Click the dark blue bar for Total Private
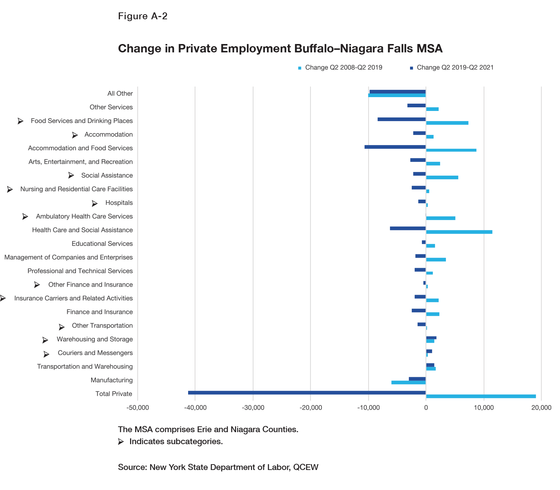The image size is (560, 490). (x=307, y=393)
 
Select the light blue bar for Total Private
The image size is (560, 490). (x=481, y=396)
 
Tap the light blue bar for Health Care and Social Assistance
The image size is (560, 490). (x=459, y=232)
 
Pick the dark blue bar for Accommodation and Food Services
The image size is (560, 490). (x=395, y=147)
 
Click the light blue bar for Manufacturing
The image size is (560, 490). (x=409, y=382)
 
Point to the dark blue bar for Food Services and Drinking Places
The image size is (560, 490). (x=402, y=119)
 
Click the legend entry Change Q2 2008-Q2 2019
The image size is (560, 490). (x=343, y=68)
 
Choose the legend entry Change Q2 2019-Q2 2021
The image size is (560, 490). (x=455, y=68)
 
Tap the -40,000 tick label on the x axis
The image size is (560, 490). (x=195, y=408)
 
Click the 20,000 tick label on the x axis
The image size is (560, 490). (x=541, y=408)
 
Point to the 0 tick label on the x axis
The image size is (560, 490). (x=426, y=408)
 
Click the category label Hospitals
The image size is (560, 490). (x=119, y=203)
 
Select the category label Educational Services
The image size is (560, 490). (x=102, y=244)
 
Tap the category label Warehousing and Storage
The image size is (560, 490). (x=95, y=339)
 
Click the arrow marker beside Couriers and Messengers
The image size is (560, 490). (x=46, y=354)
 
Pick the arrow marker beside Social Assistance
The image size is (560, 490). (x=71, y=175)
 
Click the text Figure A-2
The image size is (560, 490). (x=143, y=16)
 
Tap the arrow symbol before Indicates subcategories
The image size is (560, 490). (x=121, y=442)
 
